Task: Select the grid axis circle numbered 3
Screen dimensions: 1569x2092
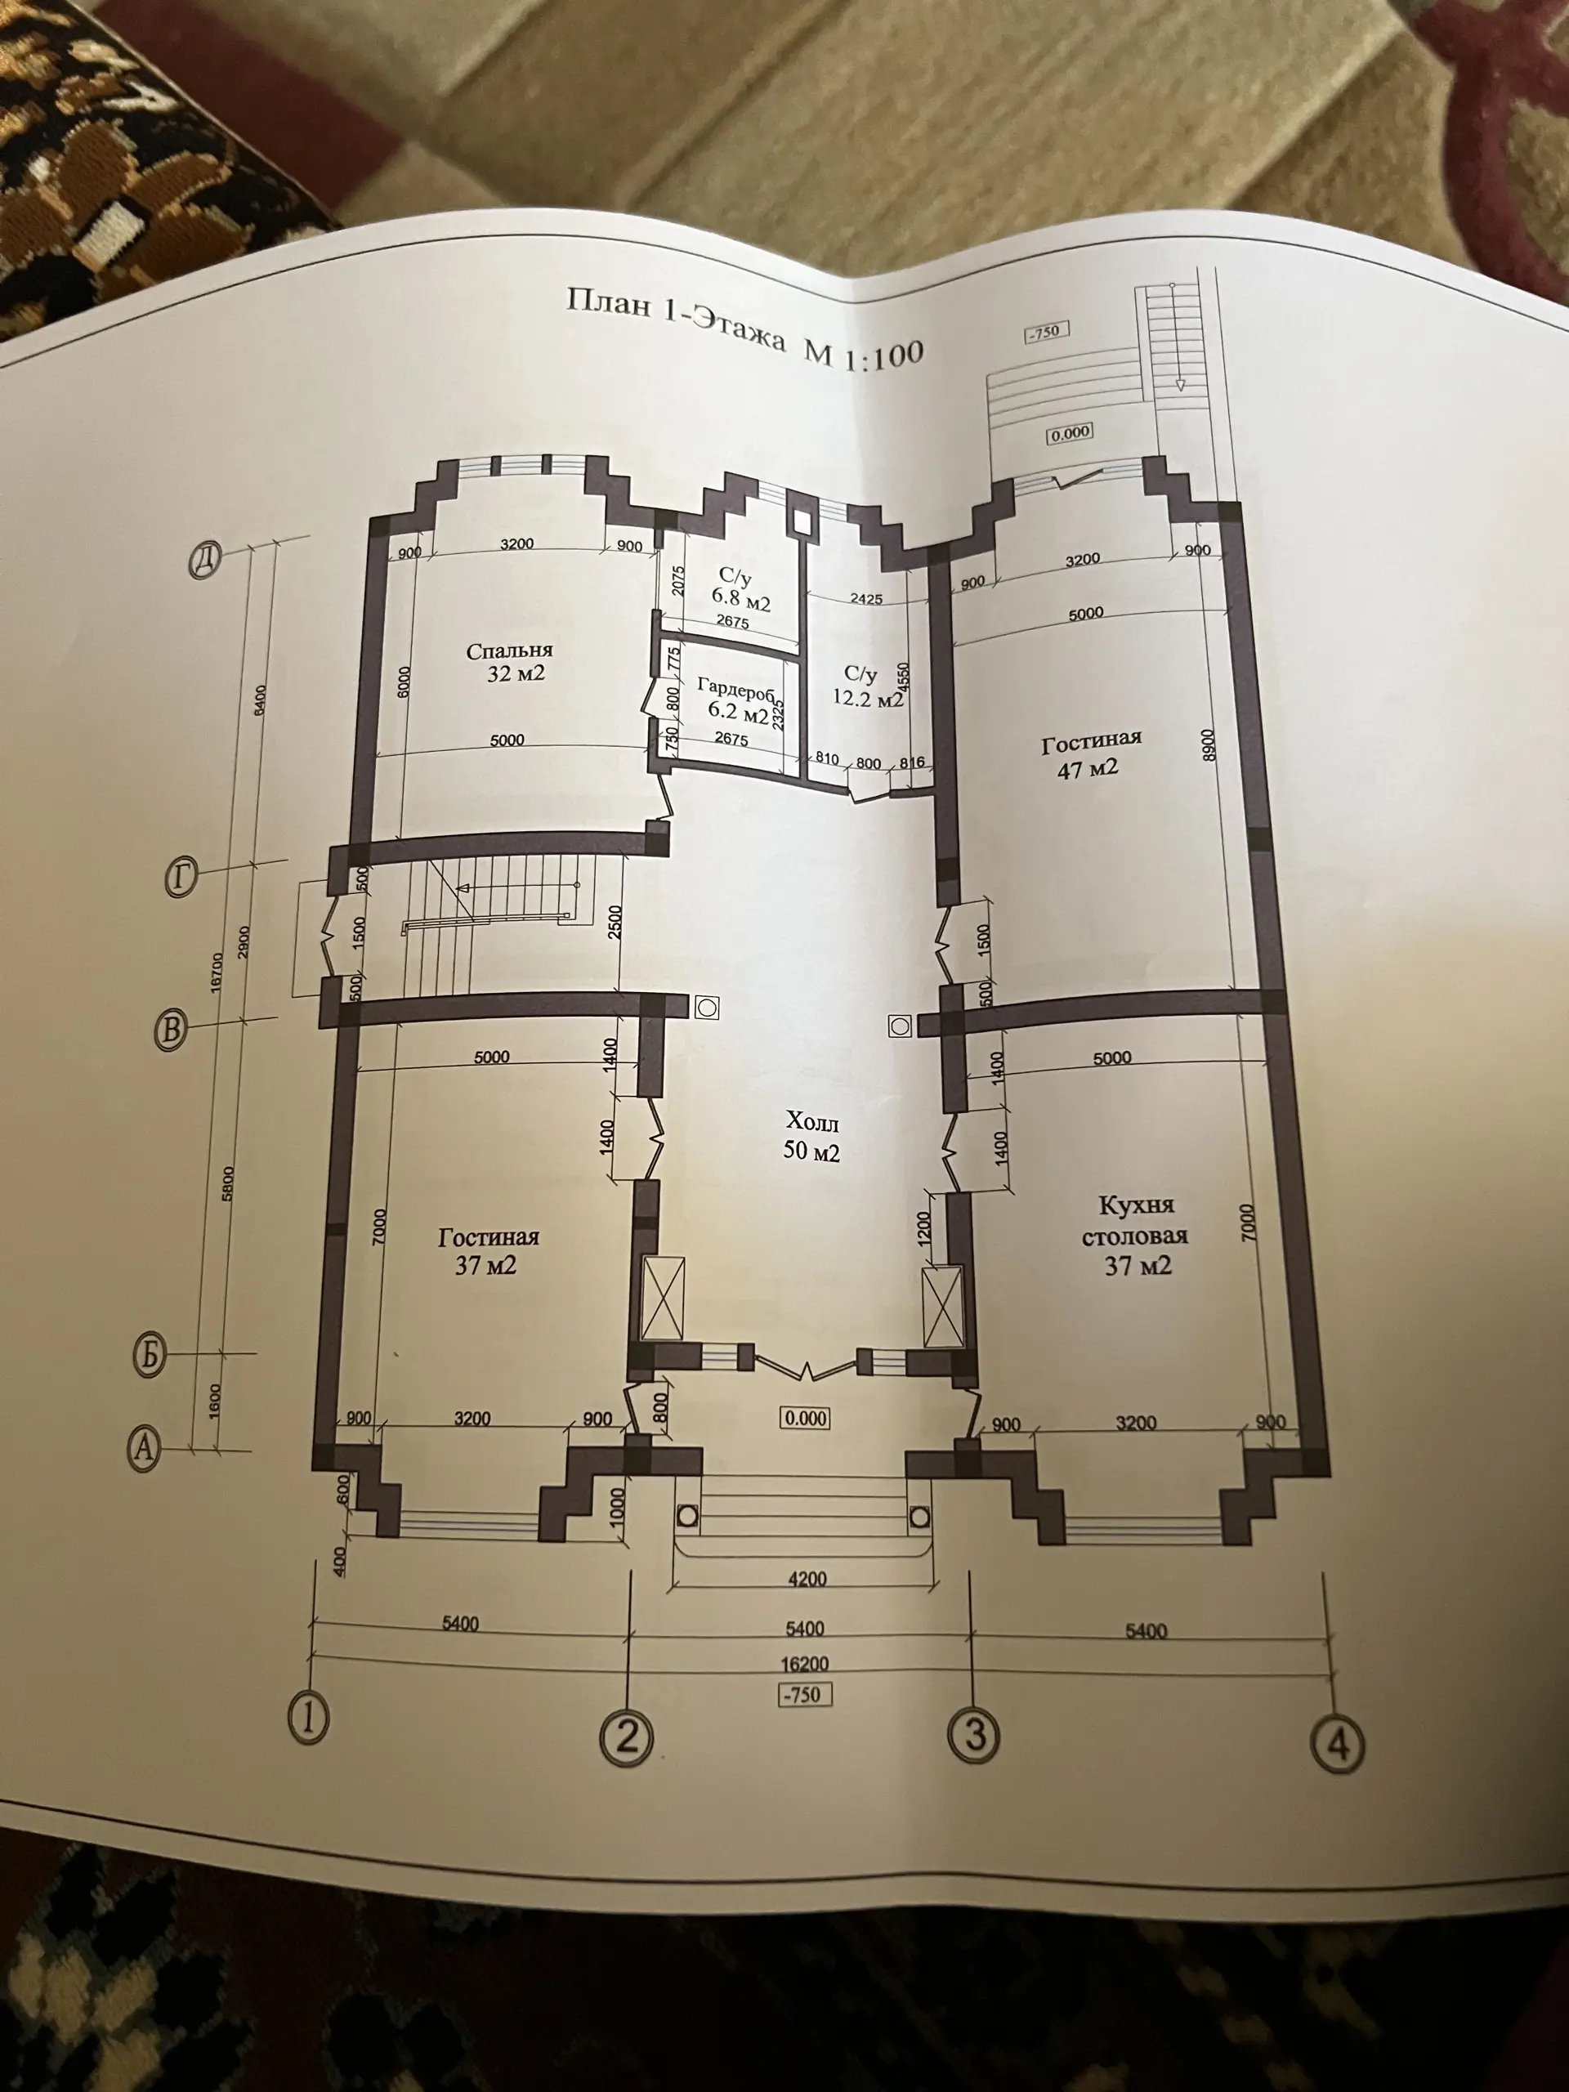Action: click(x=974, y=1733)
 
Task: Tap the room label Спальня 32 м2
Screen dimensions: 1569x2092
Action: click(x=510, y=661)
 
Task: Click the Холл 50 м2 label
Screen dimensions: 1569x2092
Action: click(x=811, y=1138)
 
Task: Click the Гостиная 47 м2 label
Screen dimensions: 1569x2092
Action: click(x=1090, y=753)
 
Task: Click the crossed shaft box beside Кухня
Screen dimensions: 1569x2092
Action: click(x=943, y=1305)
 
